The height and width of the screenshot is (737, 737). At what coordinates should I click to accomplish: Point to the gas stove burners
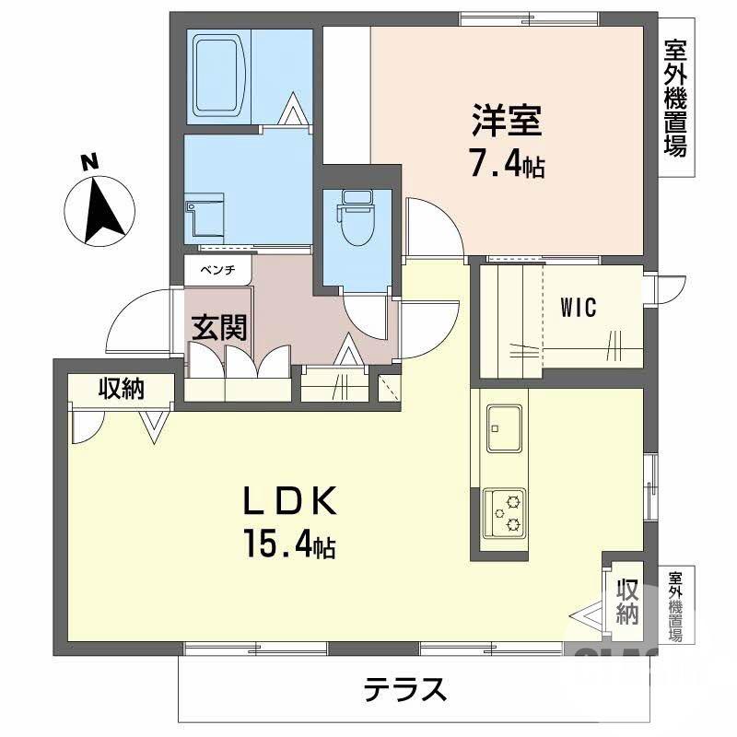pos(505,514)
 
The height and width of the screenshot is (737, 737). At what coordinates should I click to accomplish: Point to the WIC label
pos(579,307)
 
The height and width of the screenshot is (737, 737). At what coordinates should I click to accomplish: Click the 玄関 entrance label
pos(219,327)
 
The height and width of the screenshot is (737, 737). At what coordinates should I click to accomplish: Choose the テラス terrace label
pos(405,689)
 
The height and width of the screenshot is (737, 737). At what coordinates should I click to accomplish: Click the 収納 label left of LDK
pos(123,390)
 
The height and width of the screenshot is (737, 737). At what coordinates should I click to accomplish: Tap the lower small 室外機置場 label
pos(675,605)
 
